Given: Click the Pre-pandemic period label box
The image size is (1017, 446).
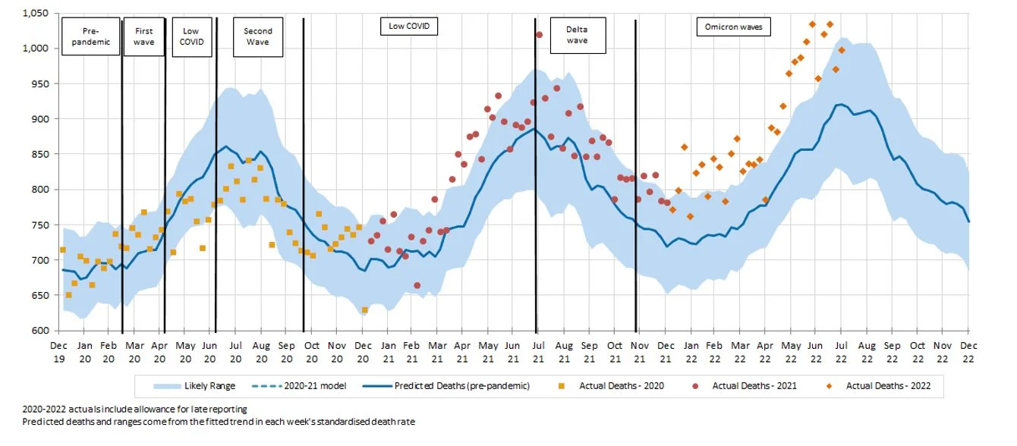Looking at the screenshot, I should pyautogui.click(x=90, y=36).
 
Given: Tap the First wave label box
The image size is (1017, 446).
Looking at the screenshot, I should pyautogui.click(x=143, y=36).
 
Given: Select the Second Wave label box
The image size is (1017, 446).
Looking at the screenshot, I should pyautogui.click(x=258, y=36).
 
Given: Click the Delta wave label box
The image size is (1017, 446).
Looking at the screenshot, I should pyautogui.click(x=577, y=35).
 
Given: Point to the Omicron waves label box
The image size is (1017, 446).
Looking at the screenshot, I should pyautogui.click(x=734, y=27).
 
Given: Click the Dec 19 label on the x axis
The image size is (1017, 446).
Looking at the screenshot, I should pyautogui.click(x=59, y=350).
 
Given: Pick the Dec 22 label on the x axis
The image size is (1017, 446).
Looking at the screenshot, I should pyautogui.click(x=968, y=350).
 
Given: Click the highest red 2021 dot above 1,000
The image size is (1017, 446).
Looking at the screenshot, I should pyautogui.click(x=539, y=35).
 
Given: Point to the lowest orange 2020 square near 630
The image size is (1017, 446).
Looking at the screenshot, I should pyautogui.click(x=365, y=309).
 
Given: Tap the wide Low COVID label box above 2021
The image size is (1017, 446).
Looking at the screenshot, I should pyautogui.click(x=410, y=26).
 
